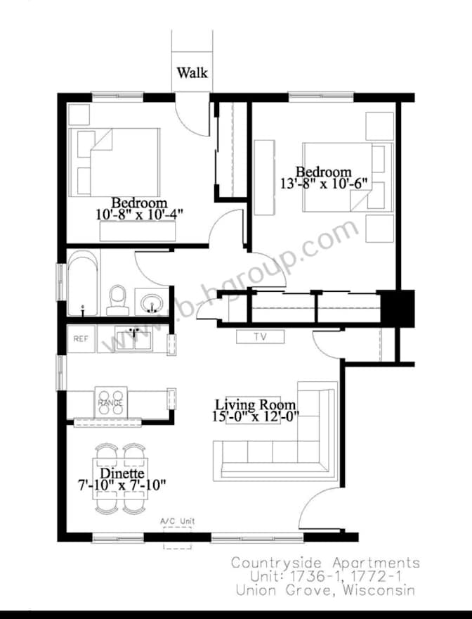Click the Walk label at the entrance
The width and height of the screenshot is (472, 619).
192,72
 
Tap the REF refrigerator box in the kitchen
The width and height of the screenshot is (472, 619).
81,339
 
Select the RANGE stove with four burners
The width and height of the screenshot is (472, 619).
111,402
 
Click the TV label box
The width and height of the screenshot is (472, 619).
261,337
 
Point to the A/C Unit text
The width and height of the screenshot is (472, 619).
178,521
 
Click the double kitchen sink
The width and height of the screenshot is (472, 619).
133,339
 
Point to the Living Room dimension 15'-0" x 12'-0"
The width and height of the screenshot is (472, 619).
256,416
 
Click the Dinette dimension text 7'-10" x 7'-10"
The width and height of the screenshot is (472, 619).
122,485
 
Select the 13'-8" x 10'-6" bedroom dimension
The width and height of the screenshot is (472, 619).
324,184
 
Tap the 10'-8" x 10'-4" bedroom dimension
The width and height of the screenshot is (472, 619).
139,215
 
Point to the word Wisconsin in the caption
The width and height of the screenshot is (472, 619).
379,591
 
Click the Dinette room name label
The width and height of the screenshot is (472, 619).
122,473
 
